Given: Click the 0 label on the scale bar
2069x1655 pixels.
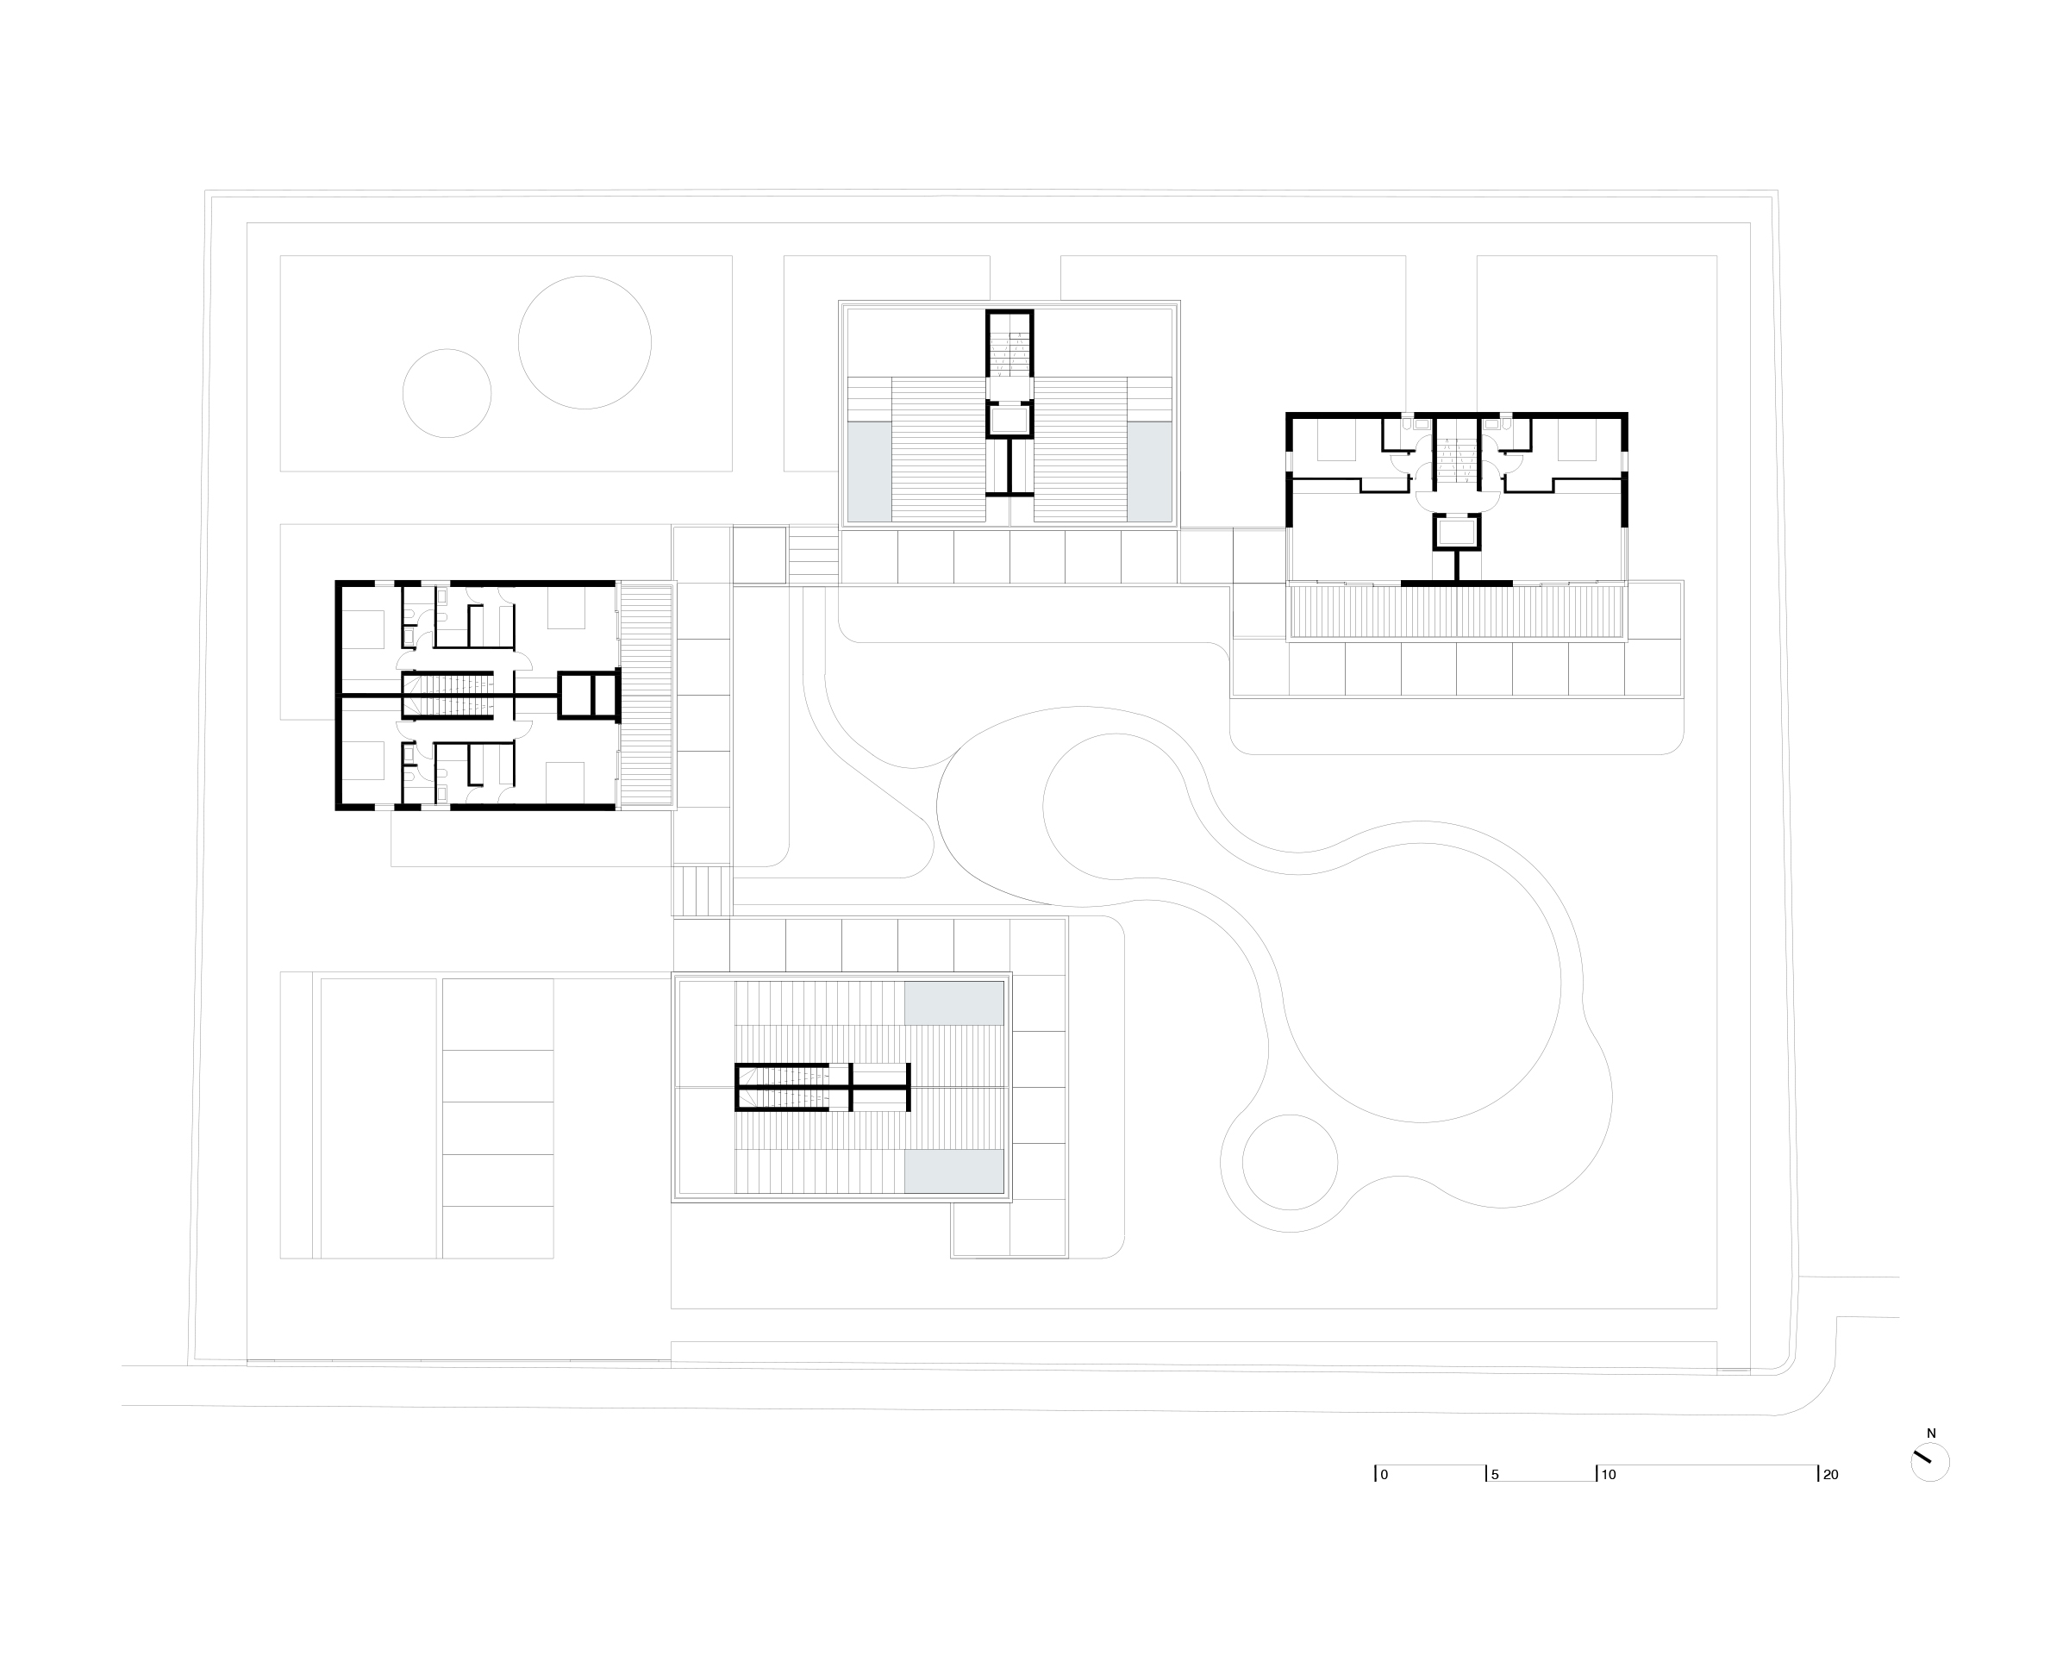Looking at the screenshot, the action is click(1384, 1475).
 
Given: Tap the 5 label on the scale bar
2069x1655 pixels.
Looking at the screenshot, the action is click(1495, 1475).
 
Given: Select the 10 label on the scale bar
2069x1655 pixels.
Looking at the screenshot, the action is click(1609, 1475).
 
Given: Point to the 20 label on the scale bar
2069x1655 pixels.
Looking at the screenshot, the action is click(1830, 1475).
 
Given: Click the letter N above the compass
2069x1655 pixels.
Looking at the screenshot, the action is click(1932, 1433).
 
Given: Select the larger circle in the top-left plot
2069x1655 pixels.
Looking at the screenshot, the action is click(584, 277).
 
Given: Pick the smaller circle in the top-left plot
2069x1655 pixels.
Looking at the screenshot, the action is click(447, 349).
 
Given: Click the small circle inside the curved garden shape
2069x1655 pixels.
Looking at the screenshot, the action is click(1290, 1115).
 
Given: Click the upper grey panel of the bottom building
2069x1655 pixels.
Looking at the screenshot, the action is click(953, 1002).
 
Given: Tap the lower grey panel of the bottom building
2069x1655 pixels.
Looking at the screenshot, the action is click(953, 1172).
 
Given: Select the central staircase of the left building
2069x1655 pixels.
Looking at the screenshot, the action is click(447, 695).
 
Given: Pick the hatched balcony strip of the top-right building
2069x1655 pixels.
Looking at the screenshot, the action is click(1457, 612).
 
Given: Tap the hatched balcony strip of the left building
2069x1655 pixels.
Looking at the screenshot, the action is click(646, 695).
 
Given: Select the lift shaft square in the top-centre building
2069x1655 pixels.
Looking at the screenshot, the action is click(1009, 421).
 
